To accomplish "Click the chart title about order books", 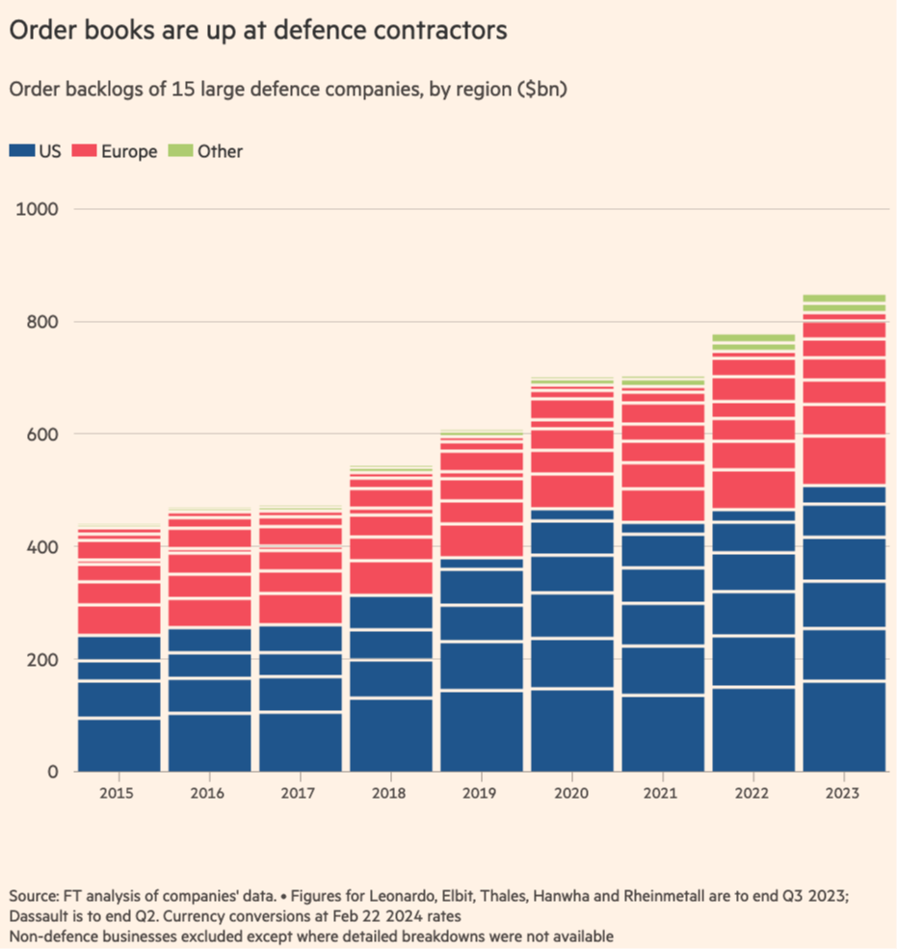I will (258, 30).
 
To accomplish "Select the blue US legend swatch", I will (21, 150).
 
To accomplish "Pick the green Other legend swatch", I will (179, 150).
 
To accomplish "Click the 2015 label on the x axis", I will (119, 792).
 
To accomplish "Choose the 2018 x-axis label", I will (390, 792).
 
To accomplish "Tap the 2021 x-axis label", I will (662, 792).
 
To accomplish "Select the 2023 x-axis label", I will (843, 792).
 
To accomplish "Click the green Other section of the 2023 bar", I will (844, 303).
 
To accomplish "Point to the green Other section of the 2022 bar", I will (753, 342).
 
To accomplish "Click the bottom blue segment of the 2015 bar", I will (119, 745).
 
